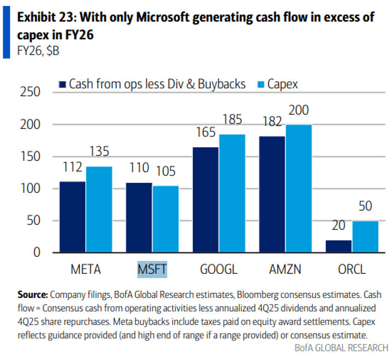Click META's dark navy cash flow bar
73,217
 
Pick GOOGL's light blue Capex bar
232,194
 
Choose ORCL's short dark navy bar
339,246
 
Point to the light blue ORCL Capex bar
365,236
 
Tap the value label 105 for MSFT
165,172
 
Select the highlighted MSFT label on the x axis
152,269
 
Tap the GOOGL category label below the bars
218,269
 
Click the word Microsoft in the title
164,17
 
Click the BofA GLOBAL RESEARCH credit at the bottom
341,347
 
